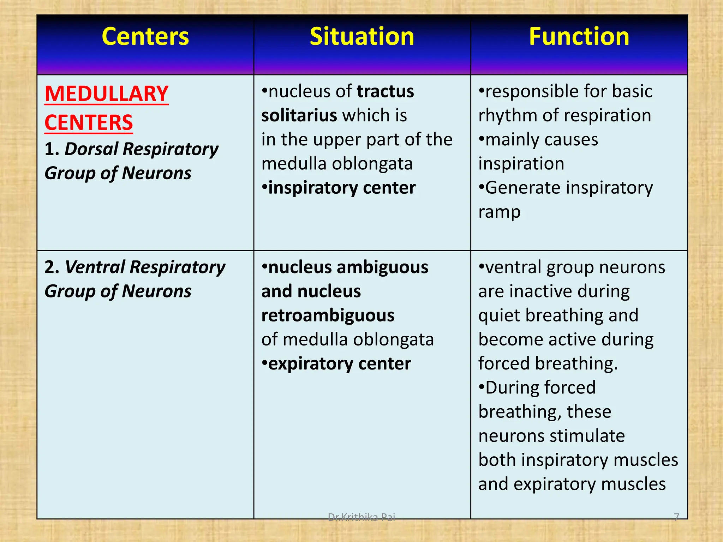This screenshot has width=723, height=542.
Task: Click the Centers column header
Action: tap(145, 37)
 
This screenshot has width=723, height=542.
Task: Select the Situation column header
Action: tap(362, 37)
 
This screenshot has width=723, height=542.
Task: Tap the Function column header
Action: tap(579, 37)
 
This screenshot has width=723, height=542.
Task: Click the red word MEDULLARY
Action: tap(106, 94)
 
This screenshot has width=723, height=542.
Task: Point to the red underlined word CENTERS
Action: tap(89, 123)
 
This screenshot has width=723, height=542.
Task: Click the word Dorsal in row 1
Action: tap(91, 149)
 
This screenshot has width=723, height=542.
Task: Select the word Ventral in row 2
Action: tap(95, 267)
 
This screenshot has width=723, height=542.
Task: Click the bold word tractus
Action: tap(385, 91)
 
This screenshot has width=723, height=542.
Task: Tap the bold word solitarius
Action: tap(299, 115)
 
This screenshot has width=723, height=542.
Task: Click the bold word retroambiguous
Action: tap(328, 315)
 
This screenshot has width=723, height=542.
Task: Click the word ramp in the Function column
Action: tap(499, 212)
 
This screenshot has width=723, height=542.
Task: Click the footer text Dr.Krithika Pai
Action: tap(361, 517)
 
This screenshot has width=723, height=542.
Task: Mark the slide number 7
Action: tap(676, 517)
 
